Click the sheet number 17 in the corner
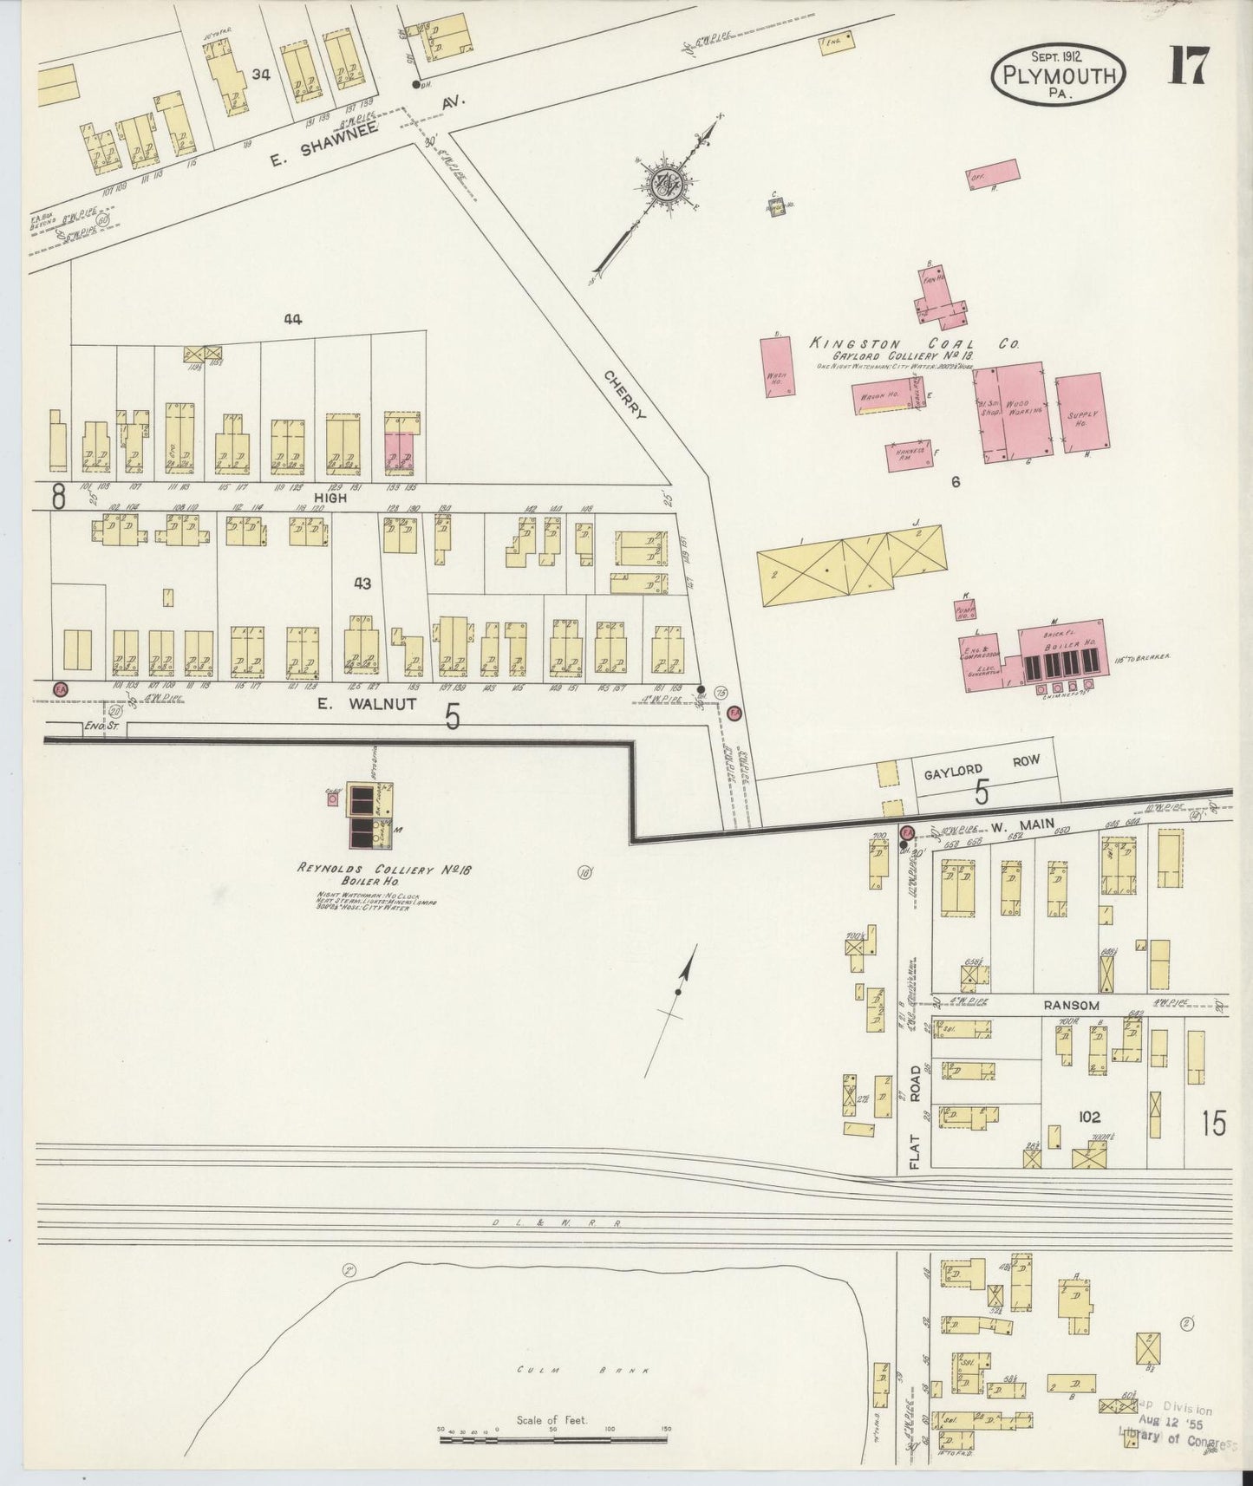click(1187, 66)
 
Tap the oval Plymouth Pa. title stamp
click(1059, 75)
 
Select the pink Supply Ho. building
click(1080, 413)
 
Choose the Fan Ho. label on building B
click(933, 280)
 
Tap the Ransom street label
click(1071, 1005)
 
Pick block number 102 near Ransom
click(1088, 1118)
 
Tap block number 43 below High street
click(362, 583)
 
